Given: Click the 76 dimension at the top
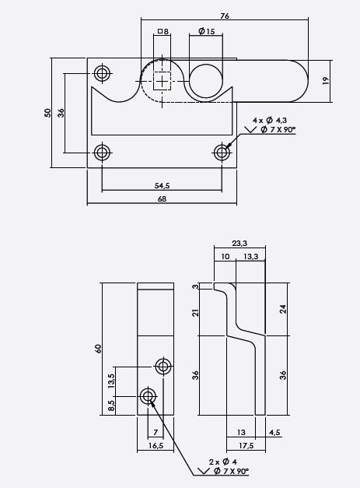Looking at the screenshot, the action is (x=225, y=16).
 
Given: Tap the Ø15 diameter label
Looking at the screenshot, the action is (x=206, y=31).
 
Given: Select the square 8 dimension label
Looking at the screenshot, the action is (x=163, y=31).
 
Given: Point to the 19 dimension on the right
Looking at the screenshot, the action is (x=326, y=81).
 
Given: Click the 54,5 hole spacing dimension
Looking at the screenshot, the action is (x=162, y=185).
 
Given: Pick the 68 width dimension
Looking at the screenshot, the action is (x=162, y=199).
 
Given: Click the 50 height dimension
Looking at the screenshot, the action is (x=47, y=112).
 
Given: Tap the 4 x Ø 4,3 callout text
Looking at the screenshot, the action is (x=270, y=120).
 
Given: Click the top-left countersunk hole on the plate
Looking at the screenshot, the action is (x=103, y=73).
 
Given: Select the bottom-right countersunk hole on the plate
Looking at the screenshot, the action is (x=222, y=153).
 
